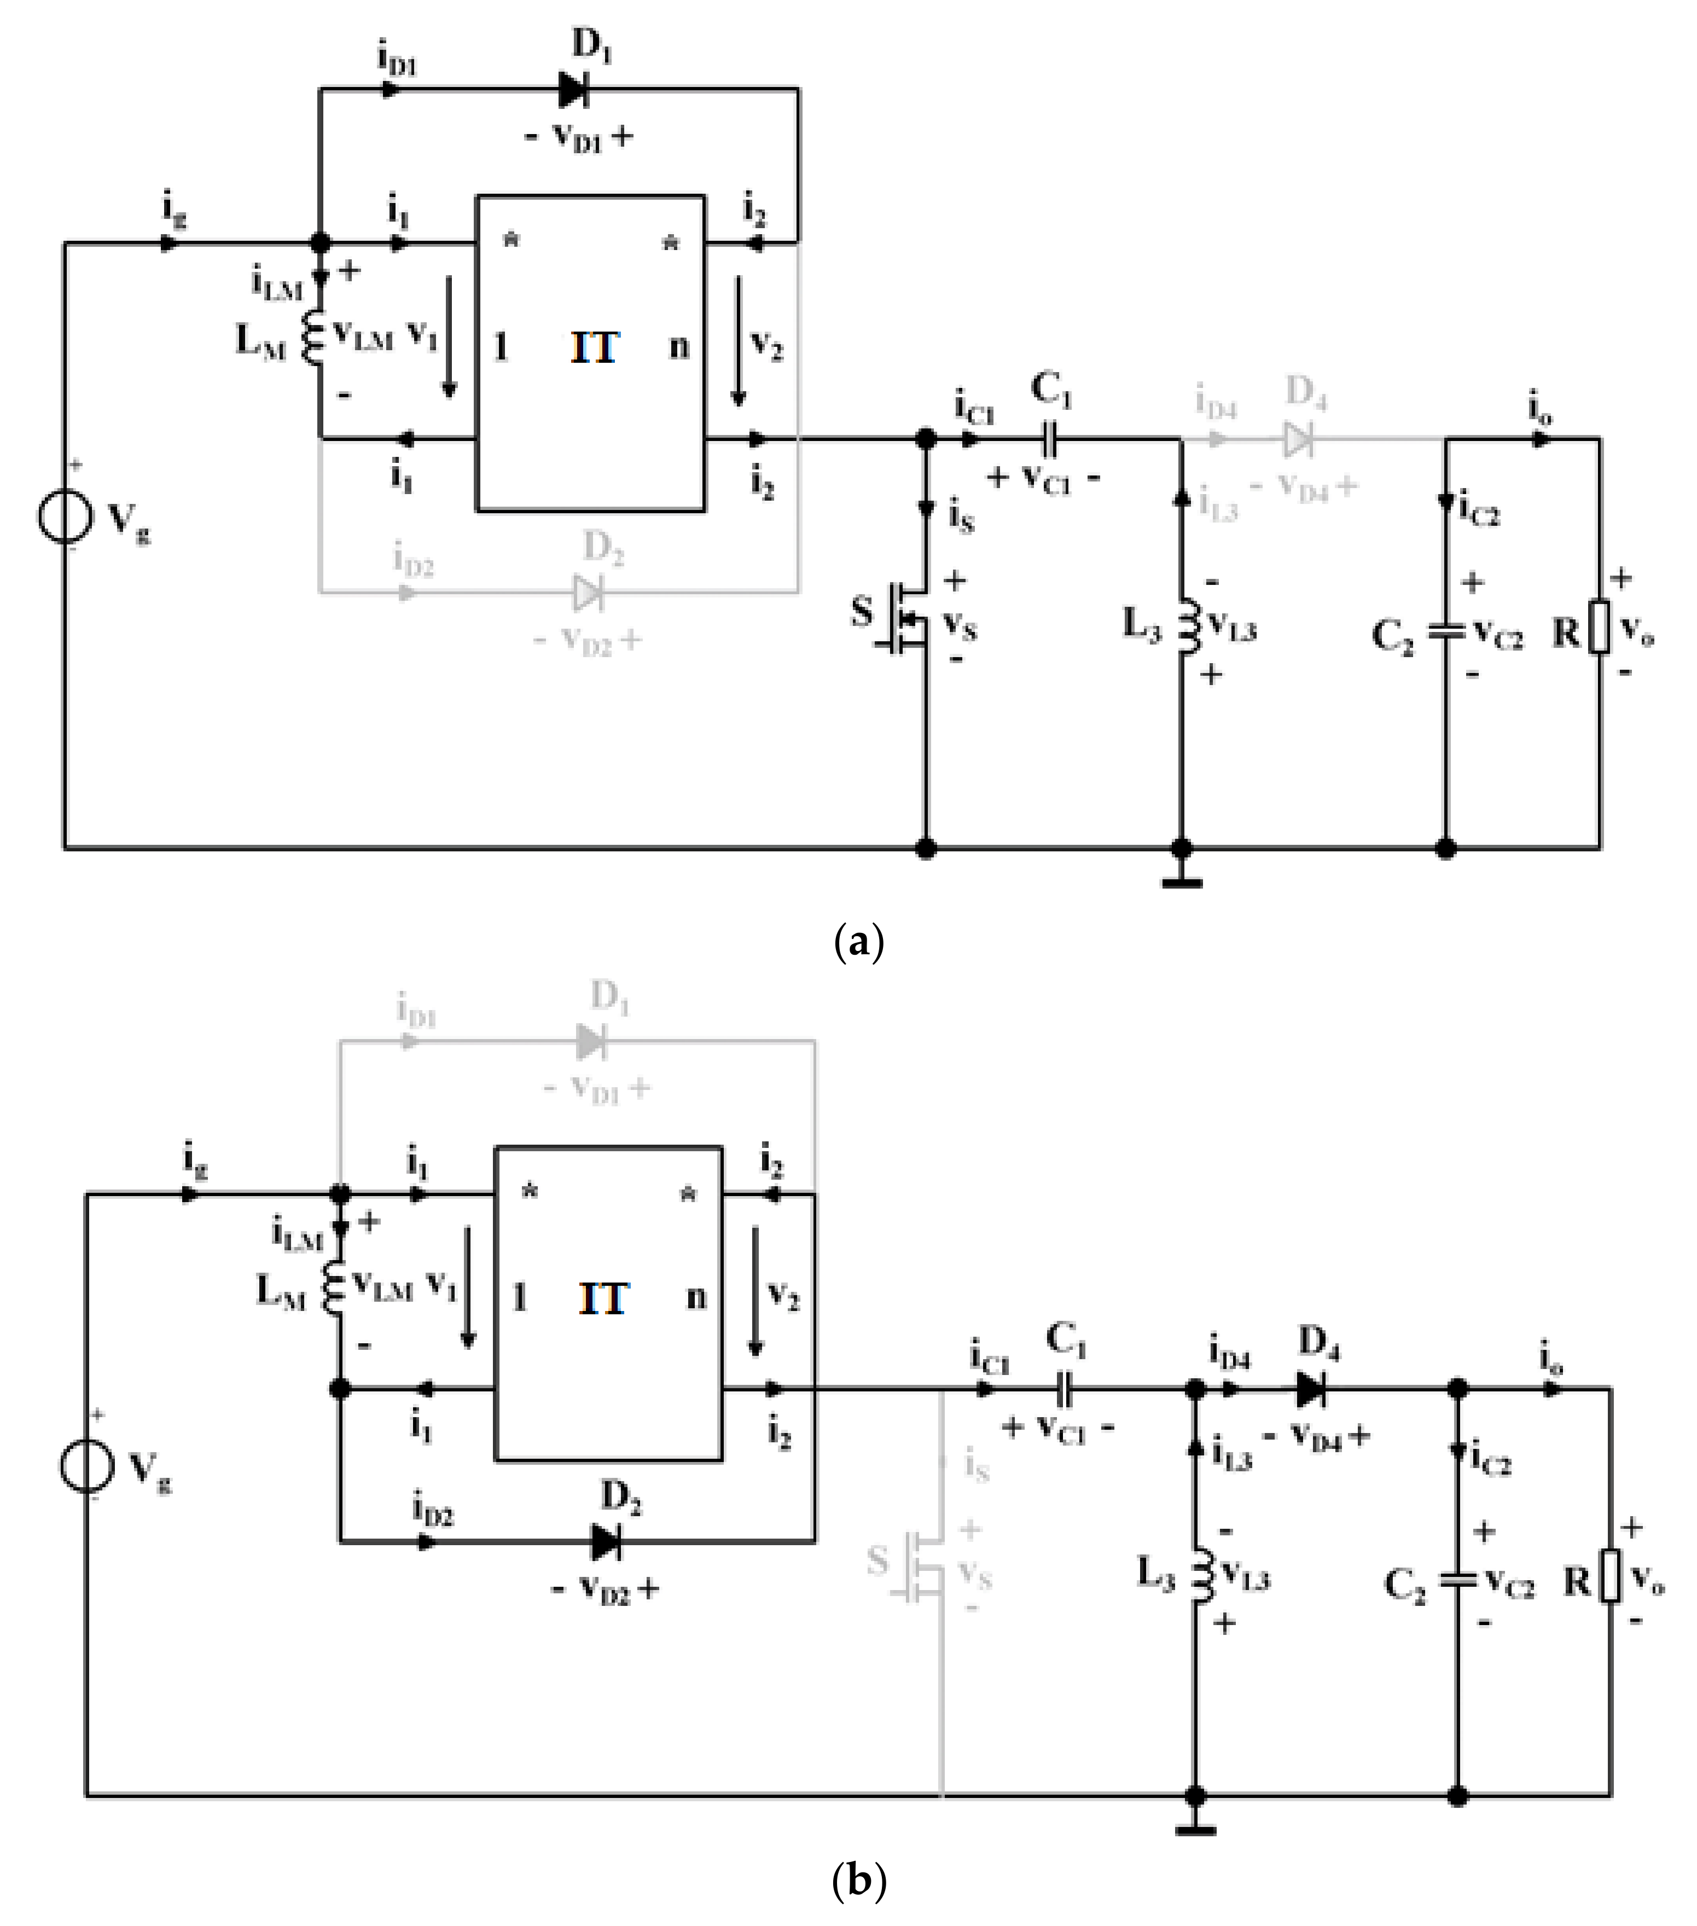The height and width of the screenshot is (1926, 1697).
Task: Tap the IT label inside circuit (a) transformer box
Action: pyautogui.click(x=594, y=349)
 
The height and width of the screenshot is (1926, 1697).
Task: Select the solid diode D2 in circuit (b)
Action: pyautogui.click(x=606, y=1542)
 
